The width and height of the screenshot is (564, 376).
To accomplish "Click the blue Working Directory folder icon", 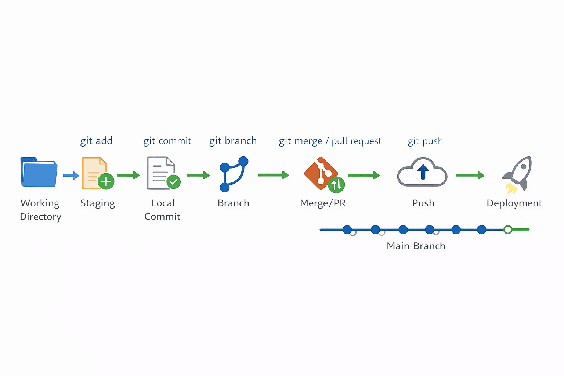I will click(x=39, y=172).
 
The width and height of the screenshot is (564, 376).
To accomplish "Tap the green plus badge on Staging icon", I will click(x=106, y=181).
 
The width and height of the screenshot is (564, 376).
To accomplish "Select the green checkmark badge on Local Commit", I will click(x=173, y=181).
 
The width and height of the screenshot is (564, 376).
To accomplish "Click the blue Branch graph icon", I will click(x=234, y=174).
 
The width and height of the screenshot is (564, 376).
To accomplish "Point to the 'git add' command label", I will click(x=96, y=141).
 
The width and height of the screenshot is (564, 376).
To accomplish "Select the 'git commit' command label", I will click(x=167, y=141).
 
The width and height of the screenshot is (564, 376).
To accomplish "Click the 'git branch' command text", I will click(x=233, y=141).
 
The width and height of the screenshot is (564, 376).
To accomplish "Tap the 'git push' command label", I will click(x=425, y=141).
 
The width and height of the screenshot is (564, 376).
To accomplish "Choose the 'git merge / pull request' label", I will click(x=330, y=141).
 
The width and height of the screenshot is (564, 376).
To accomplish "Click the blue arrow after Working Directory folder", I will click(x=71, y=176).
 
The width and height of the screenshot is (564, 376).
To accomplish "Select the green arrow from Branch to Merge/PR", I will click(x=274, y=175).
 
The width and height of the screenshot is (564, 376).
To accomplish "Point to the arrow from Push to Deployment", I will click(x=470, y=175).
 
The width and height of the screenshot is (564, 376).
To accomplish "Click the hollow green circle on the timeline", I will click(x=507, y=230).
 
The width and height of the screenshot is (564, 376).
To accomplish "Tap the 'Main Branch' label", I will click(x=416, y=246).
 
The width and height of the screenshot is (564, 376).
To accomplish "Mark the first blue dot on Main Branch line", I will click(x=347, y=230).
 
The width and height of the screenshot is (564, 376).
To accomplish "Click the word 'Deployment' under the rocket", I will click(x=514, y=203).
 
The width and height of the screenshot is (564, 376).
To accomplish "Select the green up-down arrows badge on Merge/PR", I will click(x=336, y=185).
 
